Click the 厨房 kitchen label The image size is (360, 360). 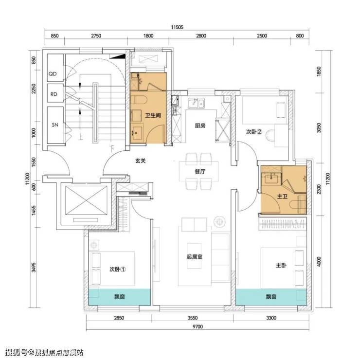tap(200, 126)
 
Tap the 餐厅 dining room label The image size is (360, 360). tap(200, 171)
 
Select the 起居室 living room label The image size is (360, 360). tap(194, 256)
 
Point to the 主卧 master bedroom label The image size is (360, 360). tap(281, 266)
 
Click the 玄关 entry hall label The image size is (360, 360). tap(140, 161)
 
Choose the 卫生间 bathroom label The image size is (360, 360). tap(153, 115)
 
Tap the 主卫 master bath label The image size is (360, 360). tap(282, 197)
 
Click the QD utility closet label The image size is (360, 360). tap(53, 74)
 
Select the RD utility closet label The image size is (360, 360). tap(54, 94)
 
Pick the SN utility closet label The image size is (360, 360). tap(55, 125)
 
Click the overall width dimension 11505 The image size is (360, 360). tap(177, 27)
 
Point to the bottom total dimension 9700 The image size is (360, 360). tap(198, 326)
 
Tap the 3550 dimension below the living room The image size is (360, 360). tap(192, 318)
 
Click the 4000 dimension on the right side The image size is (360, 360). tap(319, 261)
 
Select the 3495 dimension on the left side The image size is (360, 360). tap(34, 267)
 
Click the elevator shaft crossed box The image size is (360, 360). tap(86, 200)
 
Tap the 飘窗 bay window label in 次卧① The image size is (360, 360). tap(119, 297)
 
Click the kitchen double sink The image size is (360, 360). tap(196, 103)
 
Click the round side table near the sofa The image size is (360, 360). tap(220, 221)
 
